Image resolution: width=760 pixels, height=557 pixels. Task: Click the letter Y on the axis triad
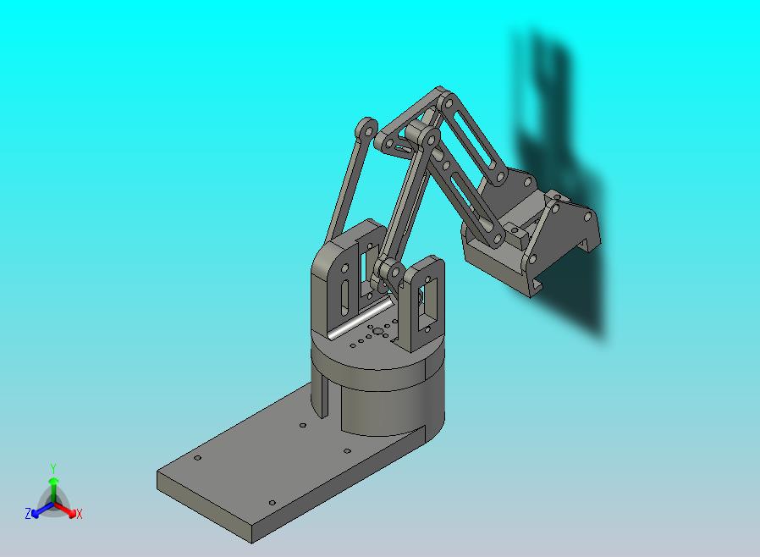pyautogui.click(x=53, y=468)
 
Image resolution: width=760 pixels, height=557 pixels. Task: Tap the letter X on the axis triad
pyautogui.click(x=80, y=514)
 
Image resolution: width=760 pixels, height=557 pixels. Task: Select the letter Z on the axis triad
pyautogui.click(x=28, y=513)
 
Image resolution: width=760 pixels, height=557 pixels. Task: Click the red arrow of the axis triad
pyautogui.click(x=66, y=510)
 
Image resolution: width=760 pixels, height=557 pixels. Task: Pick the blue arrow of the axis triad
pyautogui.click(x=42, y=510)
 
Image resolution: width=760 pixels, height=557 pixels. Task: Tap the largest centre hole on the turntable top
pyautogui.click(x=378, y=332)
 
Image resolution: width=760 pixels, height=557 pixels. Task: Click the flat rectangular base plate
pyautogui.click(x=272, y=466)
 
